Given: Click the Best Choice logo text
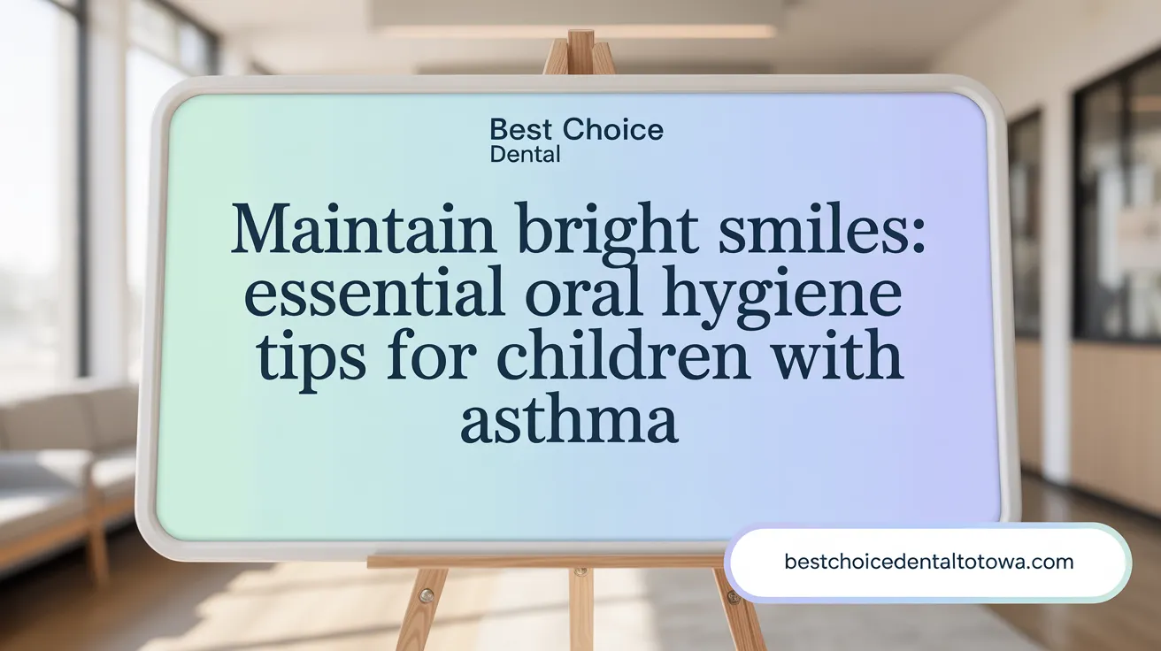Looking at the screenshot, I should tap(576, 131).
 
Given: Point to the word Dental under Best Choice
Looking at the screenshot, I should tap(525, 155).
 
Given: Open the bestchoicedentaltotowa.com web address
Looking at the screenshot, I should tap(928, 561).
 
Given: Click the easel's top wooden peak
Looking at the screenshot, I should tap(580, 50).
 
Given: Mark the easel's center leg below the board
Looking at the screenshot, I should tap(581, 610).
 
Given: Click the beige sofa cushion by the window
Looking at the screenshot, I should tap(53, 433).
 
